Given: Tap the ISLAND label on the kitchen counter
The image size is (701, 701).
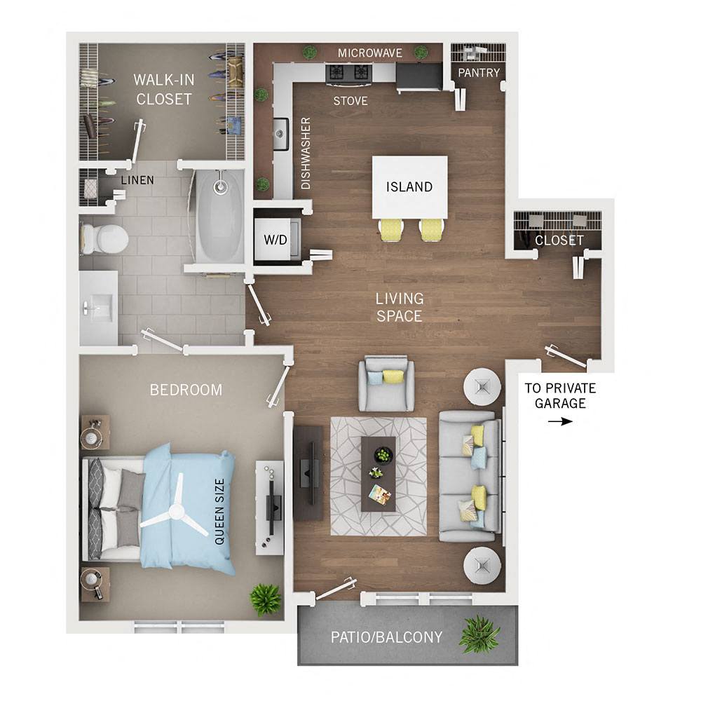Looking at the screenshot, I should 409,187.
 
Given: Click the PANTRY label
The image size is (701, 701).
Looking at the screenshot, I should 479,73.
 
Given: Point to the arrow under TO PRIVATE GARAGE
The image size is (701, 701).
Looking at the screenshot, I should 560,421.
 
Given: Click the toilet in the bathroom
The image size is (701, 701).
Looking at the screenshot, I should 103,238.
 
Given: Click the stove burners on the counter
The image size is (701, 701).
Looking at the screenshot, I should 348,72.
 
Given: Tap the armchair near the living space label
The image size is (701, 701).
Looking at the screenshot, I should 386,383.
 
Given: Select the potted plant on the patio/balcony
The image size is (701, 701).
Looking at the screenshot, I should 479,634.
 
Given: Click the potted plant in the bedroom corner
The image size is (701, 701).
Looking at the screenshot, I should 265,599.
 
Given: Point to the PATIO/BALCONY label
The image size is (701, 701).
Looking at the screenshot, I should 386,637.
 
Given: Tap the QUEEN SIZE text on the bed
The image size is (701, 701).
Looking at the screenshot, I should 219,512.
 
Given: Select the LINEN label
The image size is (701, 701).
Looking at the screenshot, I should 137,180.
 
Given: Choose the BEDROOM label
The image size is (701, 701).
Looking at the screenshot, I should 186,390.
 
